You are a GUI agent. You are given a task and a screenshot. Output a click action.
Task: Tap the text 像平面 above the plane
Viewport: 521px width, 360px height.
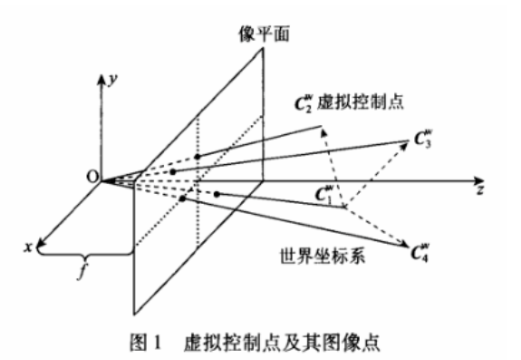[x=246, y=30]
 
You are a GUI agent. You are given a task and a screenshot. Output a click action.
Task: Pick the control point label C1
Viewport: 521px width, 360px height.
[x=323, y=192]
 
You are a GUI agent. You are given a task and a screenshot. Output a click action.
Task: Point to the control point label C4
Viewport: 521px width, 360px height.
[x=422, y=247]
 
